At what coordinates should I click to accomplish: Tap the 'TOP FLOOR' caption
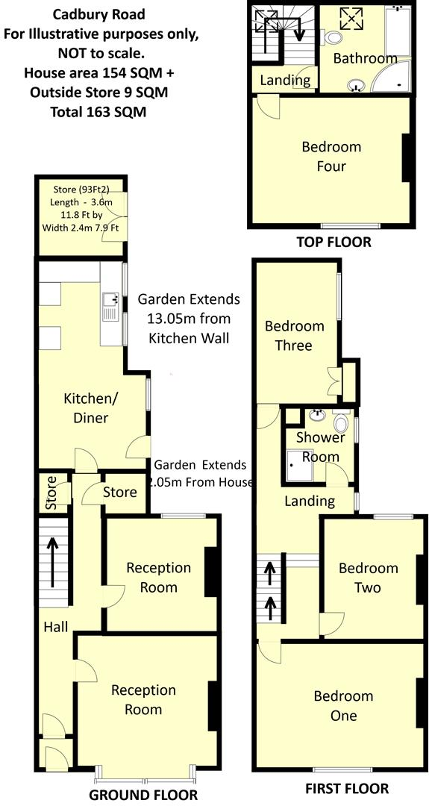[x=333, y=242]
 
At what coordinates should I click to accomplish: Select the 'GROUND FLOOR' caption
[x=143, y=794]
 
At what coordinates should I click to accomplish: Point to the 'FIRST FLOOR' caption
[x=347, y=788]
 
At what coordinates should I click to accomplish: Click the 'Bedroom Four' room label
[x=331, y=157]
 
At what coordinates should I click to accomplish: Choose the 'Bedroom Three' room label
[x=294, y=336]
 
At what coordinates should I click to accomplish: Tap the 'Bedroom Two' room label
[x=369, y=578]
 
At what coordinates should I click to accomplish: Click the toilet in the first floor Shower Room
[x=341, y=423]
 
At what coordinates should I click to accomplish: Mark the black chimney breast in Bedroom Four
[x=407, y=157]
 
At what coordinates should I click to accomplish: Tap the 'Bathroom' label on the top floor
[x=365, y=58]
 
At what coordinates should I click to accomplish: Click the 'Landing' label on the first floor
[x=310, y=501]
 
